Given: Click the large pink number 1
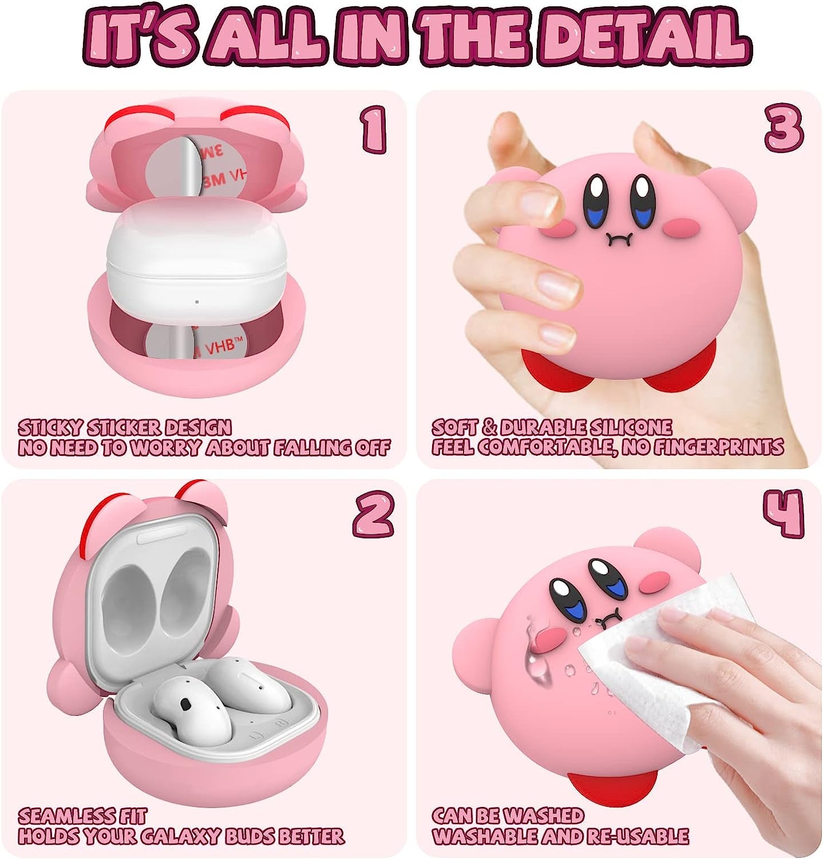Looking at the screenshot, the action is point(374,131).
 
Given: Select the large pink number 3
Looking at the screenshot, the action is point(784,130).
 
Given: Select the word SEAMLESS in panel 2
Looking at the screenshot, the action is point(61,815).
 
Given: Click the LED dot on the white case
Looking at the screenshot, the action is point(197,302).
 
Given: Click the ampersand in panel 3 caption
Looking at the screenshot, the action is point(488,427).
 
